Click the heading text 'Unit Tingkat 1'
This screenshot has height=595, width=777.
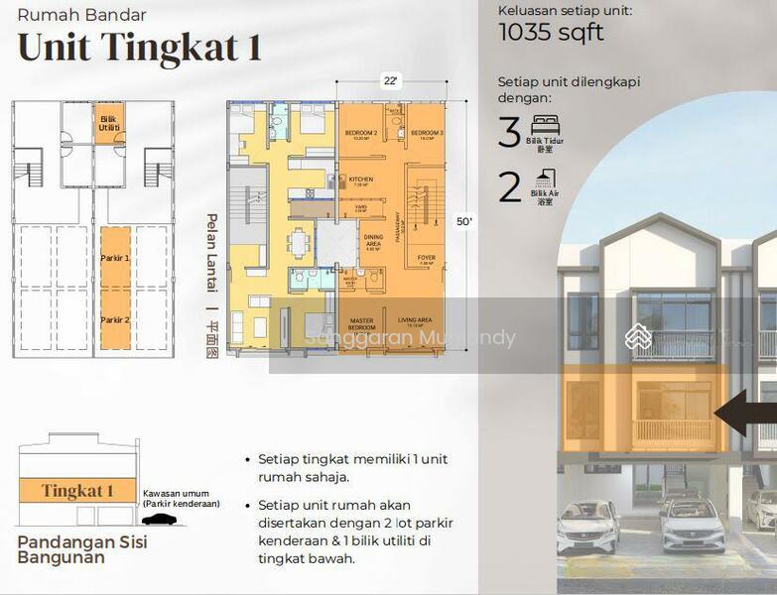coord(139,48)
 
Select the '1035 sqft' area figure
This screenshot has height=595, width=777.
coord(552,33)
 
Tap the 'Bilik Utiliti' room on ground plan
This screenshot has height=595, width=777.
coord(108,123)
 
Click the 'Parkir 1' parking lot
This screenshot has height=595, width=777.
coord(115,258)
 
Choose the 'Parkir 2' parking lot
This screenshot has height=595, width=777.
coord(115,319)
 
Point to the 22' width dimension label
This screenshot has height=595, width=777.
coord(390,83)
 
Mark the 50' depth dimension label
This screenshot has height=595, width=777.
coord(463,222)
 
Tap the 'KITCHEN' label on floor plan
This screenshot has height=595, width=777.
coord(360,179)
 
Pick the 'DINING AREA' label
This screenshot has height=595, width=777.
coord(373,241)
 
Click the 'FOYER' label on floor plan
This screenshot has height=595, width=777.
coord(426,258)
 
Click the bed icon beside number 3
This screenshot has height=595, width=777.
coord(545,125)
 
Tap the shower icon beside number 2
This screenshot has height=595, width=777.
coord(544,178)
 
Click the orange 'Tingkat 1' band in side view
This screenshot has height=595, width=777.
coord(77,491)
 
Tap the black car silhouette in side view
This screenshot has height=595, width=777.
coord(159,519)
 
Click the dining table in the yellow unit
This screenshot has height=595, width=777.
coord(299,243)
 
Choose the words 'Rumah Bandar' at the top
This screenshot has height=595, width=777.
coord(81,15)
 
